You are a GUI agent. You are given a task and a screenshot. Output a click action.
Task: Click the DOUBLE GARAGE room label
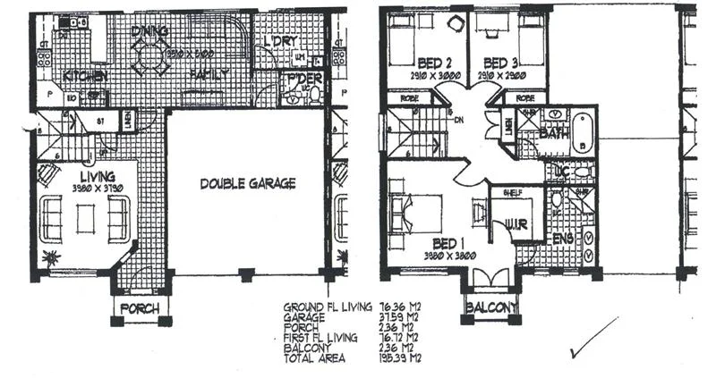point(247,183)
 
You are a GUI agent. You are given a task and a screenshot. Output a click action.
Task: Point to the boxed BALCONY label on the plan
point(490,309)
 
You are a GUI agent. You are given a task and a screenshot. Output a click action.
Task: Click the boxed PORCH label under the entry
point(139,309)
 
